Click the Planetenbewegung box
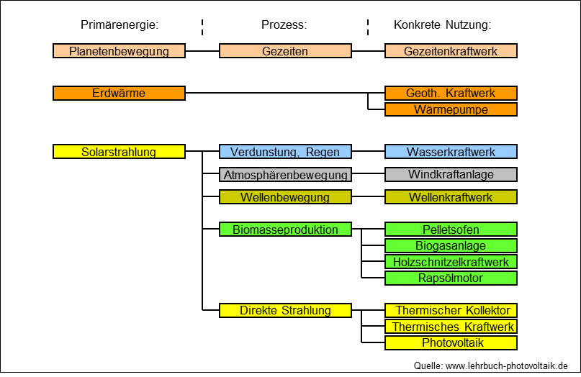tap(119, 51)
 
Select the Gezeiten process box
tap(285, 51)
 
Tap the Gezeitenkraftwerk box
tap(451, 51)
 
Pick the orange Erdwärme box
tap(119, 93)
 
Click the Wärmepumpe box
tap(451, 109)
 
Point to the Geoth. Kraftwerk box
tap(451, 93)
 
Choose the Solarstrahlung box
tap(119, 152)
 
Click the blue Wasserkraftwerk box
tap(451, 152)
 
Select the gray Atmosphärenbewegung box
tap(285, 174)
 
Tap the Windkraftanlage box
tap(451, 174)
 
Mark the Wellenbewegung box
tap(285, 197)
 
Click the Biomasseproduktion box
tap(285, 230)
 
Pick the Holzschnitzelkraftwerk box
tap(451, 262)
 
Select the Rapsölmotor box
tap(451, 278)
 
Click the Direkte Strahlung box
tap(285, 310)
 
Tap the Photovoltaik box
tap(451, 343)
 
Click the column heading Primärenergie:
tap(120, 24)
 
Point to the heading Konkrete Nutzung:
tap(443, 24)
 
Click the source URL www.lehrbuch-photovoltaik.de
tap(507, 366)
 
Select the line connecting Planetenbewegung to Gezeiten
tap(202, 51)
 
